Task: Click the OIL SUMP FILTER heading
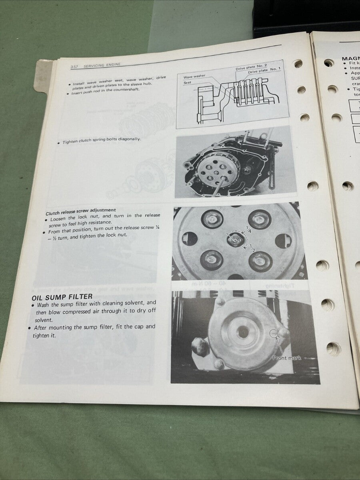pos(62,296)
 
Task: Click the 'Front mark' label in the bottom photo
pos(286,358)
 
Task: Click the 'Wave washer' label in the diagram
pos(194,76)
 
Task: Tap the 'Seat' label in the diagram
pos(188,83)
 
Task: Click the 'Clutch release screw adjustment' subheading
pos(81,210)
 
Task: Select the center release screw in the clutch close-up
pos(234,240)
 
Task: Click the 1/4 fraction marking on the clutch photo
pos(249,230)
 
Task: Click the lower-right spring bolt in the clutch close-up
pos(260,261)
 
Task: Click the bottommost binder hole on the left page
pos(333,348)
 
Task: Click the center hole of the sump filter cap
pos(243,331)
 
